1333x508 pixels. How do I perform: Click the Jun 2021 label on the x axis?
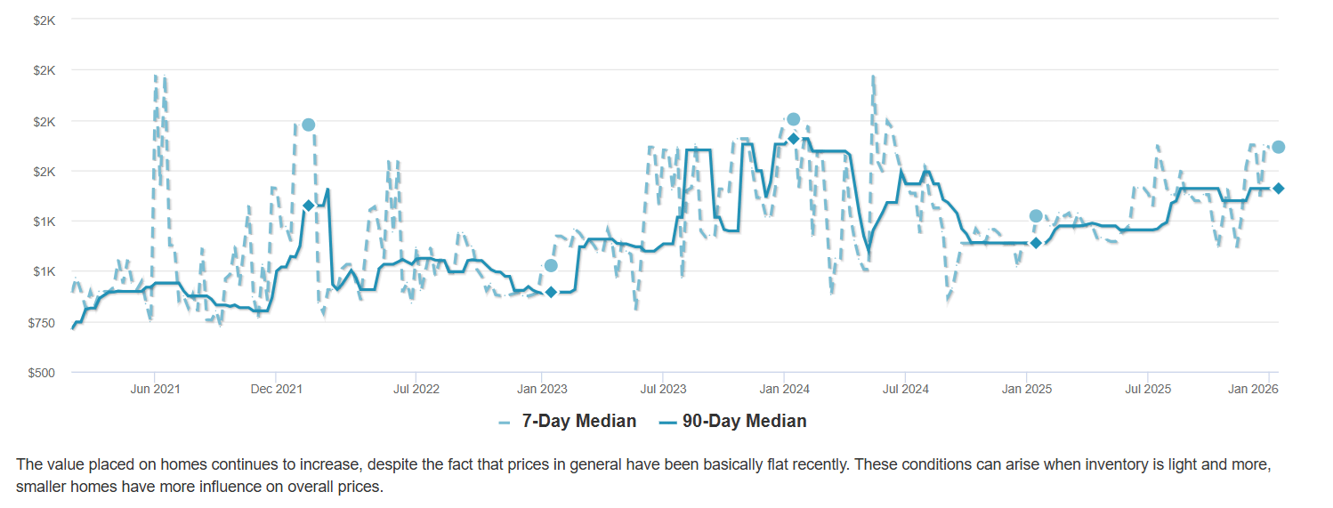pos(155,389)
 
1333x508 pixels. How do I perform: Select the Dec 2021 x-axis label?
pos(277,389)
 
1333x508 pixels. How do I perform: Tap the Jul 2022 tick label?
pos(416,389)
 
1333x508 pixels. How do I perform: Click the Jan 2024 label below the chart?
pos(784,389)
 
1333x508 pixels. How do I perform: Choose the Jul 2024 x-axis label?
pos(905,389)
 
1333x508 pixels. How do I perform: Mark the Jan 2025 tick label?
pos(1027,389)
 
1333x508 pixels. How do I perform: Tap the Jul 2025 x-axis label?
pos(1148,389)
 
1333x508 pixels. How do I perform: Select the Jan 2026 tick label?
pos(1267,389)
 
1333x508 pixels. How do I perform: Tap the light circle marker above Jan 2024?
pos(793,119)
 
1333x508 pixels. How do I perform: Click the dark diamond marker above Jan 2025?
pos(1036,243)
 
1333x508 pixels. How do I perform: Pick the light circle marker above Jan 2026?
pos(1278,147)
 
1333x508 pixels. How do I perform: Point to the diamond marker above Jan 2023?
pos(551,292)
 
